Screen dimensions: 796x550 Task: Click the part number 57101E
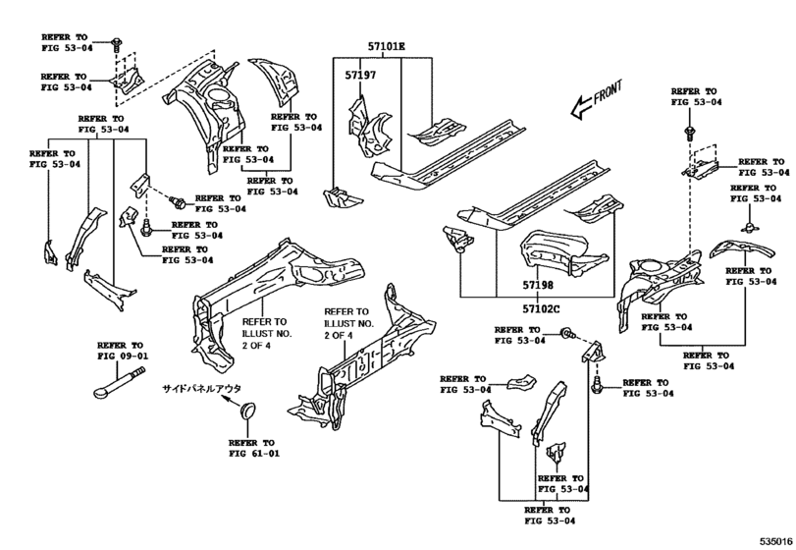[x=387, y=47]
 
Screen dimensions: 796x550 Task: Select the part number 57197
[x=360, y=76]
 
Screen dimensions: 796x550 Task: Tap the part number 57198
[x=538, y=286]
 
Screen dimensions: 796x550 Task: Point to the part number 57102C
[x=541, y=308]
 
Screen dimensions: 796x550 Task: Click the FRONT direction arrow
[x=596, y=100]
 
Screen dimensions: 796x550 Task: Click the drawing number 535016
[x=776, y=541]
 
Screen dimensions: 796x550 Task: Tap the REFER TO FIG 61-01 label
[x=254, y=448]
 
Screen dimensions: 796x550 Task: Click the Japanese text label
[x=201, y=389]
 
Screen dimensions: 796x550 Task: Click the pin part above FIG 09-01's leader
[x=120, y=382]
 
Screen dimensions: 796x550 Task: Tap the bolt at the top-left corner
[x=116, y=45]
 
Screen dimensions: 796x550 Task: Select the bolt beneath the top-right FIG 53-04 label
[x=689, y=133]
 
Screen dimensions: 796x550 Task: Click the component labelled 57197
[x=370, y=127]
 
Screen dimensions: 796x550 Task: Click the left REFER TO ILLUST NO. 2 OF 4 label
[x=267, y=334]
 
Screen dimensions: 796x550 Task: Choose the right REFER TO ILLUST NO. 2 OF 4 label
[x=349, y=323]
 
